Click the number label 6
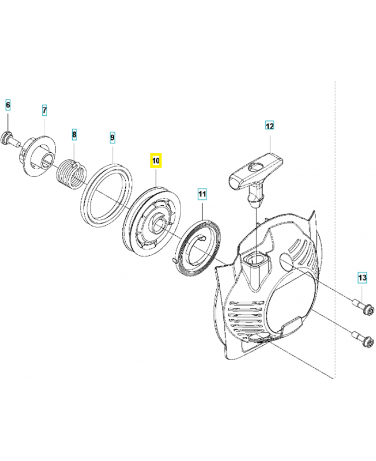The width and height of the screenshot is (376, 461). tap(8, 105)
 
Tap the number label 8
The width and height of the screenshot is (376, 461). tap(74, 135)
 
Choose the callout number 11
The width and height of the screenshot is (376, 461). tap(201, 194)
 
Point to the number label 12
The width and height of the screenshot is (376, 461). tap(269, 124)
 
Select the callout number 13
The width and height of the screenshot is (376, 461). tap(362, 278)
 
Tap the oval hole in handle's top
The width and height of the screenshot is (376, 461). tap(254, 167)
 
